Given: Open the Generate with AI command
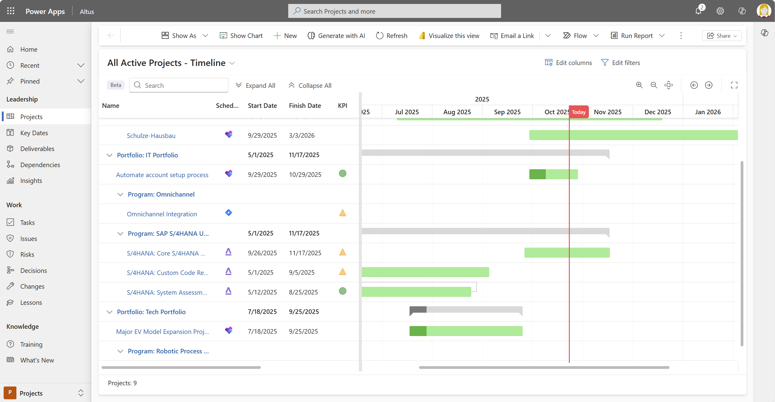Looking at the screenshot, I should (336, 36).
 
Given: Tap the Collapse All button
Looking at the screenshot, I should (310, 85).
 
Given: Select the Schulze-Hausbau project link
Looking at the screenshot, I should (151, 136).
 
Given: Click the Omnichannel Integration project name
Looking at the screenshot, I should (162, 214).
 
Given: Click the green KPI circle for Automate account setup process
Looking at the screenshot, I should (342, 174).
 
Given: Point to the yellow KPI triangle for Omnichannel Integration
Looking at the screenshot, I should (342, 213).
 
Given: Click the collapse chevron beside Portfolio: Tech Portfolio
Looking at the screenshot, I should (109, 312).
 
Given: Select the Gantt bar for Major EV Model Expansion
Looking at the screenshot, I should (466, 331).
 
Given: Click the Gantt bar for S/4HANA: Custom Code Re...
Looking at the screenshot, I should (425, 272).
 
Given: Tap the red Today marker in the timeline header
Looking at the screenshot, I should (579, 112).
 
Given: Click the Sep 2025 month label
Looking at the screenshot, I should (507, 112).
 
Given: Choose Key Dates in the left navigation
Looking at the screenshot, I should (34, 133).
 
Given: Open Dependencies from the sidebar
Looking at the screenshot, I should (40, 165).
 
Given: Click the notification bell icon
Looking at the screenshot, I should (698, 11).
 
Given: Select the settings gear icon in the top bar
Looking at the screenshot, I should (720, 11).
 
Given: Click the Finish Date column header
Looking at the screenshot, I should (305, 106).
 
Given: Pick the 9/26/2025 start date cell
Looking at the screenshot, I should (262, 253).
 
